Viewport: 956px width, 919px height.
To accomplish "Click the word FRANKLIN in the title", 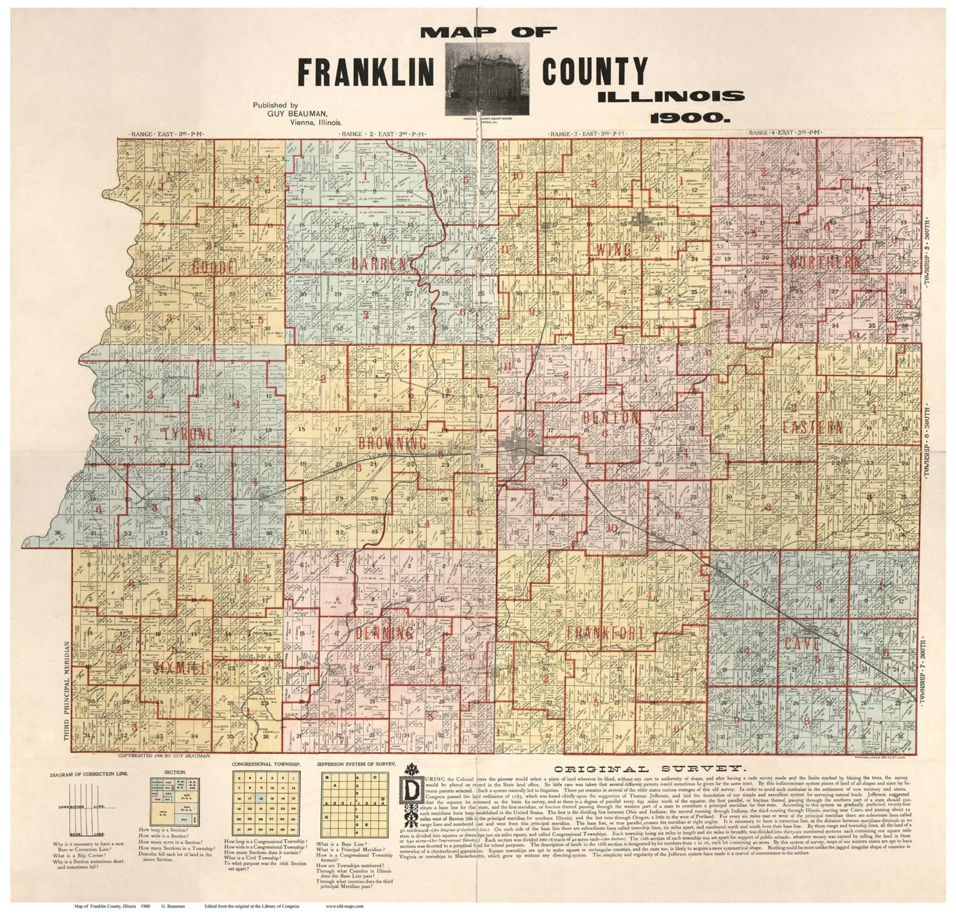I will click(x=366, y=72).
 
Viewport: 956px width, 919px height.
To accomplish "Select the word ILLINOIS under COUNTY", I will click(x=671, y=96).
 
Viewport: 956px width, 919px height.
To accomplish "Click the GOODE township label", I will click(x=214, y=267).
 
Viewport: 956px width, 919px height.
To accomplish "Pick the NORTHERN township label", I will click(x=824, y=262).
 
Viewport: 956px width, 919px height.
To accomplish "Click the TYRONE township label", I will click(x=188, y=434).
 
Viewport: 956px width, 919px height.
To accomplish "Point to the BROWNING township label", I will click(x=392, y=443).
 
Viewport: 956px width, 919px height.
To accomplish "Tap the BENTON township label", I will click(x=610, y=418).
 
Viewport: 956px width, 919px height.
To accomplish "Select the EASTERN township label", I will click(x=812, y=427).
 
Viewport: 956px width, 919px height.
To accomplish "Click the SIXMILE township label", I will click(x=180, y=668).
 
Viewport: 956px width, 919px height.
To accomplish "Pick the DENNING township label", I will click(x=384, y=633).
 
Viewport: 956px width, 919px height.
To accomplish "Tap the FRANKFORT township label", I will click(x=605, y=633).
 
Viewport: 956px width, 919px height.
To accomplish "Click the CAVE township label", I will click(x=801, y=643).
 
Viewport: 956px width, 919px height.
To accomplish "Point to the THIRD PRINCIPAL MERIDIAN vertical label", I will click(x=67, y=690).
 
